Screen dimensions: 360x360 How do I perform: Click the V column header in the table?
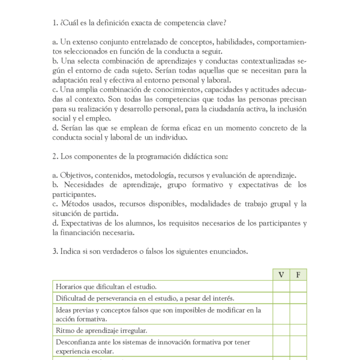(281, 275)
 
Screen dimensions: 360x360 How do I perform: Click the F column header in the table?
(298, 275)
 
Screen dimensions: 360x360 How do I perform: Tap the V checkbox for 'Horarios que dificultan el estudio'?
(281, 287)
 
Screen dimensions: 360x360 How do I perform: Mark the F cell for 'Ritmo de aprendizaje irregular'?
(298, 330)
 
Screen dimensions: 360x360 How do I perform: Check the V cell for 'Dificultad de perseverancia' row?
(281, 298)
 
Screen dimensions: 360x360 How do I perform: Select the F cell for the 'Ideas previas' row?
(298, 314)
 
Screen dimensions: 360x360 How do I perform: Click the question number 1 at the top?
(55, 23)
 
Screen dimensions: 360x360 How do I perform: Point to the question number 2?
(55, 157)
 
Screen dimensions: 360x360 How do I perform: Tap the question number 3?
(55, 251)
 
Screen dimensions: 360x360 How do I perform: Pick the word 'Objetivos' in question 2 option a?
(77, 175)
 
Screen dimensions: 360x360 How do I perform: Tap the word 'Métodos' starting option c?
(74, 204)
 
